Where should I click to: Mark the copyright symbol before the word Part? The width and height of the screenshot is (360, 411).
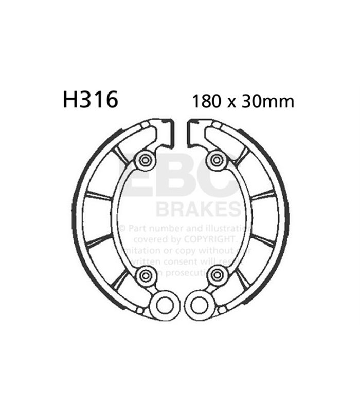pyautogui.click(x=122, y=228)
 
